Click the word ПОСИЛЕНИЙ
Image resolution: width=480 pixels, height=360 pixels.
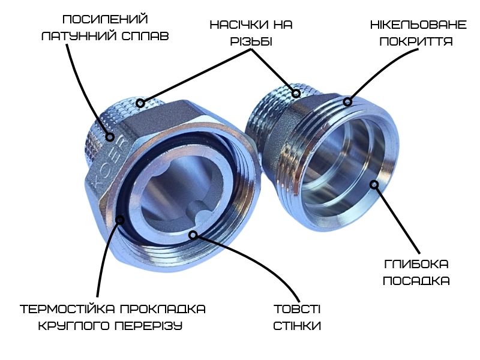pos(106,19)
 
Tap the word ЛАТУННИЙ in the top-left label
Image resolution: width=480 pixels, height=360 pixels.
pos(79,36)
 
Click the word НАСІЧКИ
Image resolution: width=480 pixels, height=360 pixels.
pos(238,25)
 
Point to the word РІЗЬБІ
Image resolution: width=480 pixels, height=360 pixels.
pos(251,41)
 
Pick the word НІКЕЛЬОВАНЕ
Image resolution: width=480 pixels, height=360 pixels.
pos(418,25)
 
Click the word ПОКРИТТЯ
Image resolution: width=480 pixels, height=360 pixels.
pos(416,41)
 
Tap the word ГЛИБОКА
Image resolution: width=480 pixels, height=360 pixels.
pos(416,264)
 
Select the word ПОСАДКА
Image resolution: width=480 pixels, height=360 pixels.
pos(416,281)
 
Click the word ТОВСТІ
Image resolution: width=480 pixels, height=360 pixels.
pos(297,309)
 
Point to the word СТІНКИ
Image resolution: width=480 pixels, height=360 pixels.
pos(297,326)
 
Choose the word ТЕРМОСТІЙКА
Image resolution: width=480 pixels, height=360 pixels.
pos(67,309)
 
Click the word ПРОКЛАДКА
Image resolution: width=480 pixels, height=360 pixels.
pos(163,309)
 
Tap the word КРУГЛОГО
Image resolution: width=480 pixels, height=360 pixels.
pos(74,326)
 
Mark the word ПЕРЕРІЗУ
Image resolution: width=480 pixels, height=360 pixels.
pos(148,326)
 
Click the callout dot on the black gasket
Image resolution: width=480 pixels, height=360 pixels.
pos(120,220)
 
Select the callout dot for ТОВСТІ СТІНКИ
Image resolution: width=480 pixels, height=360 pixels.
pos(193,235)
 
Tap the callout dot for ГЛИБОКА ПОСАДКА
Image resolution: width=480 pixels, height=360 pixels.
pos(374,184)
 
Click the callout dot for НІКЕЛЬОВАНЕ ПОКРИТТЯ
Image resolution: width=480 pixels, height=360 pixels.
pos(347,101)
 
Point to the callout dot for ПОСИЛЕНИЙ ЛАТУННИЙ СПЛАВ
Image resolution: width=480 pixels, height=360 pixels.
pos(110,137)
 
